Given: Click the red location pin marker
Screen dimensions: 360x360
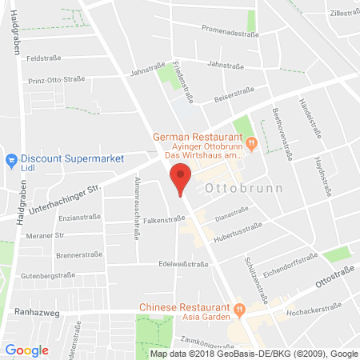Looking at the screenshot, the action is coord(183,178).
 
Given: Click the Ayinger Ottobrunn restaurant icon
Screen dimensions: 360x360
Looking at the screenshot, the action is coord(251,143).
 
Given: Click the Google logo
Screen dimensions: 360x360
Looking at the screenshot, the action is coord(27,350).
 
